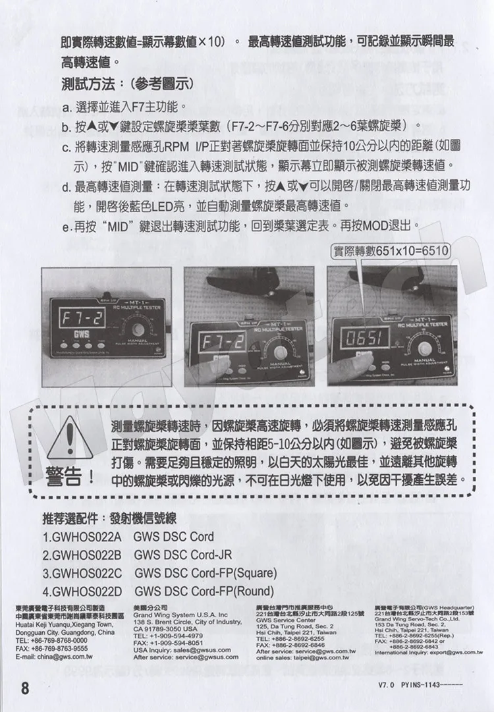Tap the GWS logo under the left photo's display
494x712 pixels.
[81, 333]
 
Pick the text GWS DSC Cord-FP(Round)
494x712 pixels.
[204, 591]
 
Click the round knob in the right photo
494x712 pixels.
[428, 347]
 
